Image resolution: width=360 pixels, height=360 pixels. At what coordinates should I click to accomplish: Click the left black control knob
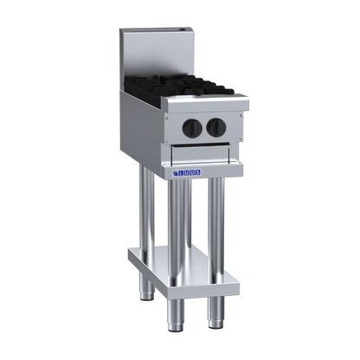(190, 127)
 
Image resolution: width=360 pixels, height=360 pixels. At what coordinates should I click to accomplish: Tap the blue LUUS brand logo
(187, 172)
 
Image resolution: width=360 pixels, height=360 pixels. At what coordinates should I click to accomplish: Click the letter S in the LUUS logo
(197, 172)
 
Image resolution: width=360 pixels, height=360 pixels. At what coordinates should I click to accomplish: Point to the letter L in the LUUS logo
(181, 173)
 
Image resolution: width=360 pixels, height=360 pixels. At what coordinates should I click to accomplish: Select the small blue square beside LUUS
(175, 173)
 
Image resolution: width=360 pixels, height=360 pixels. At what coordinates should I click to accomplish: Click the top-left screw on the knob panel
(166, 118)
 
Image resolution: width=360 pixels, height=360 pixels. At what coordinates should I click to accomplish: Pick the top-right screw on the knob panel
(241, 116)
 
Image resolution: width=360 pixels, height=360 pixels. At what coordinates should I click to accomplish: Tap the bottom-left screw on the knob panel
(166, 141)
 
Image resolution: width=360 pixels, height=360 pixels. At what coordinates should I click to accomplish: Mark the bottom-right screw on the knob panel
(241, 138)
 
